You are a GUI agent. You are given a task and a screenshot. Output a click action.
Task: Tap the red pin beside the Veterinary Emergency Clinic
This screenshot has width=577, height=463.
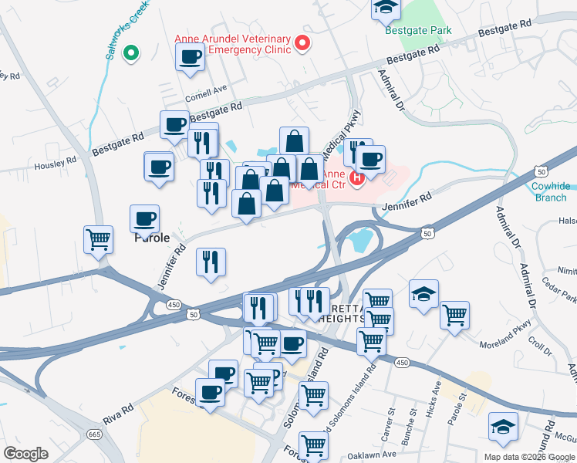302,43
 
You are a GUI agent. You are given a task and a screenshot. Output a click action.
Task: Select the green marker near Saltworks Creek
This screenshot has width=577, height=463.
131,53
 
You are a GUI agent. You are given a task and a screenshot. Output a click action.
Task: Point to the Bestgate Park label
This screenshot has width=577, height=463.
419,31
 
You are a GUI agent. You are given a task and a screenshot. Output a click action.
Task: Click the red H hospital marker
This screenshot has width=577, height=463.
356,179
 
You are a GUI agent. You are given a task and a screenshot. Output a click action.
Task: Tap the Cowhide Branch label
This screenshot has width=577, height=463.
550,192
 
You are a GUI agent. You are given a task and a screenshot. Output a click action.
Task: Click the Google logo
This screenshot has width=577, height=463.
25,454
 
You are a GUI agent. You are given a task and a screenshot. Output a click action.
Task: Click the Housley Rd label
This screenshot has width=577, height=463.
55,163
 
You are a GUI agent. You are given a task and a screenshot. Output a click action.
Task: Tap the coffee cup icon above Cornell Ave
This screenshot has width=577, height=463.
190,56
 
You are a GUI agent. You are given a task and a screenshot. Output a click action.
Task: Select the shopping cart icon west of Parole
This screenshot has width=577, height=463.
99,239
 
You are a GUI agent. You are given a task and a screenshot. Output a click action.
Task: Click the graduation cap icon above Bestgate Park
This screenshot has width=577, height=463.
385,8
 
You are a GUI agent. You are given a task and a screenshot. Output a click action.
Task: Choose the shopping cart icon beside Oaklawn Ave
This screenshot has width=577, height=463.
313,444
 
